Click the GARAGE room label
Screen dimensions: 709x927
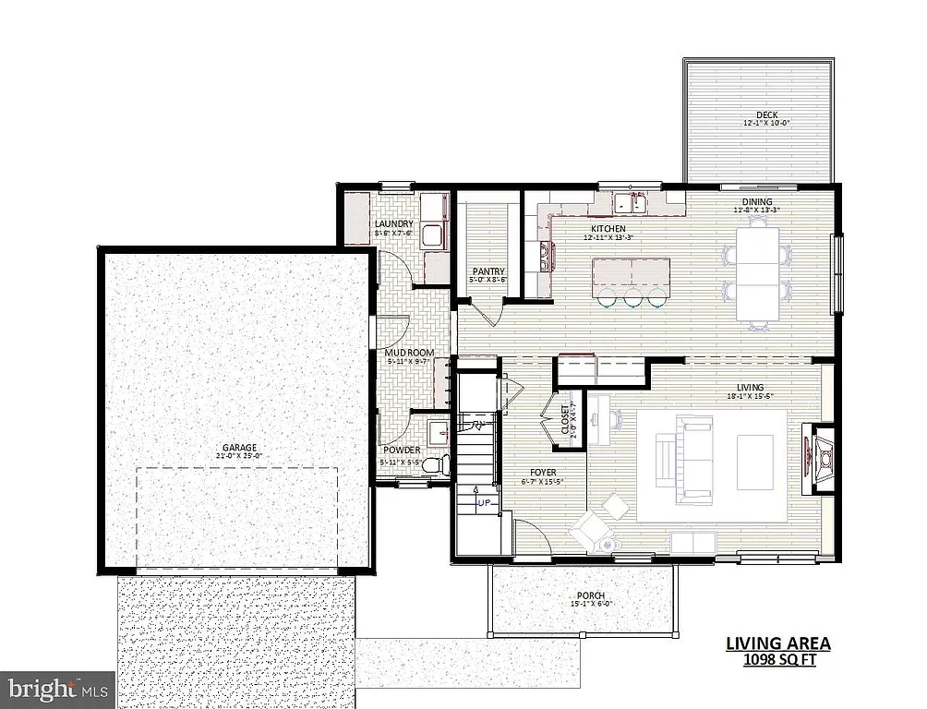[x=238, y=447]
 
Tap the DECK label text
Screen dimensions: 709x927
[x=766, y=114]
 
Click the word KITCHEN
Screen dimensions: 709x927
[x=608, y=228]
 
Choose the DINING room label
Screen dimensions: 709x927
[x=757, y=201]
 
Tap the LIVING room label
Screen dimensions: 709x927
[x=749, y=387]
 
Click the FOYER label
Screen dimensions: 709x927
[x=542, y=473]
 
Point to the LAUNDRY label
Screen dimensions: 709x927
[x=393, y=223]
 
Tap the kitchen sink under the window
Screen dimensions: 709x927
[x=632, y=202]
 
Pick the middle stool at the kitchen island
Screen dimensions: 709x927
[x=632, y=297]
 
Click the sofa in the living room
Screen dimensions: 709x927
[x=684, y=452]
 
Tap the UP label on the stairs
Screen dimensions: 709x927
[x=484, y=503]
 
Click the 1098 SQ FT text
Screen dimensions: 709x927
[x=778, y=660]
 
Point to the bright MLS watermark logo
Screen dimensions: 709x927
[x=57, y=688]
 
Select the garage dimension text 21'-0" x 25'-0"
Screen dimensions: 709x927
[x=238, y=456]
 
